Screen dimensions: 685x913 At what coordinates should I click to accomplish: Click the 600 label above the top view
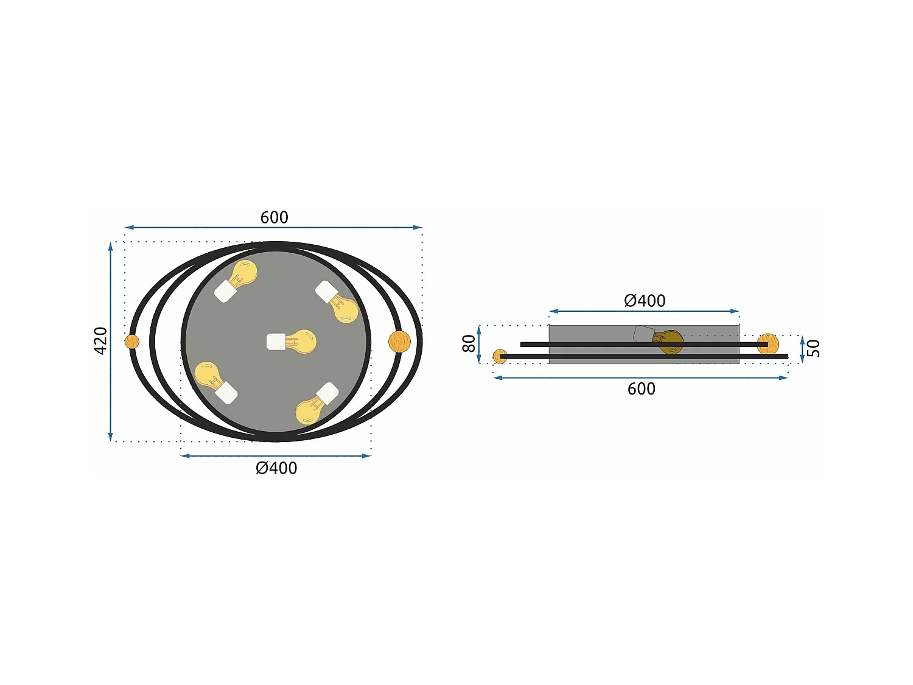pyautogui.click(x=274, y=217)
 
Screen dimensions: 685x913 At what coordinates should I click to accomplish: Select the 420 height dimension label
pyautogui.click(x=100, y=340)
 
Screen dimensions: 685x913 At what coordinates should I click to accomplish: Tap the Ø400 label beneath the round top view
pyautogui.click(x=276, y=468)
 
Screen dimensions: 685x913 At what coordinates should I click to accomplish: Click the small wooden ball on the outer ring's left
pyautogui.click(x=132, y=342)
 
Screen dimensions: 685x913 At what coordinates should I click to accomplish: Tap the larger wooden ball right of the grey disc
pyautogui.click(x=399, y=341)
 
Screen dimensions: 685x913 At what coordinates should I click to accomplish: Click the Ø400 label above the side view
pyautogui.click(x=645, y=301)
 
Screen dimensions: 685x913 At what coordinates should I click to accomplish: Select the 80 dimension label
pyautogui.click(x=469, y=343)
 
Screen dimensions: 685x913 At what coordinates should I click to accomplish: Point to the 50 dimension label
pyautogui.click(x=814, y=348)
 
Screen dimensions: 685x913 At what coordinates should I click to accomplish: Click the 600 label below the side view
pyautogui.click(x=642, y=389)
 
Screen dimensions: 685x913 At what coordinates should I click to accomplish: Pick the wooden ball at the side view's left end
pyautogui.click(x=500, y=357)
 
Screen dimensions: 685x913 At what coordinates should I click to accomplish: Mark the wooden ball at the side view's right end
pyautogui.click(x=769, y=343)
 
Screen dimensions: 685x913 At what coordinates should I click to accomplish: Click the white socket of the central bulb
pyautogui.click(x=276, y=342)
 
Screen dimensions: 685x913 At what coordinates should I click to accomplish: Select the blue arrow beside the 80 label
pyautogui.click(x=480, y=344)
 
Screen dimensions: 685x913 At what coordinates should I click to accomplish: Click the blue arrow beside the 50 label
pyautogui.click(x=802, y=349)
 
